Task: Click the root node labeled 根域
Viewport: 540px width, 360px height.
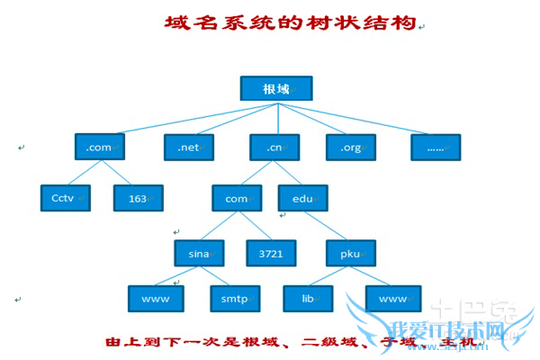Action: tap(275, 89)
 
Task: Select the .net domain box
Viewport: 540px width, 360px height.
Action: tap(187, 147)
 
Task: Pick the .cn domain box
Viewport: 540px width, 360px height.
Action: tap(275, 147)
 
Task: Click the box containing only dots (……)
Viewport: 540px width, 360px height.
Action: tap(435, 147)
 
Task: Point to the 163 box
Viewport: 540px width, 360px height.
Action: tap(138, 197)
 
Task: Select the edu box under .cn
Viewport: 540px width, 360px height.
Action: tap(302, 197)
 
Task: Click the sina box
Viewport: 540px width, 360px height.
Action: tap(199, 253)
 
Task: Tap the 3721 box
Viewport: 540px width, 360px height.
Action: tap(271, 253)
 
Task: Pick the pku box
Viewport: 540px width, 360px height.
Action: tap(350, 253)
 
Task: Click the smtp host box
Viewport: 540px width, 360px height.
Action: tap(234, 296)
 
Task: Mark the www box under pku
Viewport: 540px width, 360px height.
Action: tap(393, 296)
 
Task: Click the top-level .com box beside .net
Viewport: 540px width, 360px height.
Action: tap(99, 147)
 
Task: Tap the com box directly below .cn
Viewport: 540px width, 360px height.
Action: tap(236, 197)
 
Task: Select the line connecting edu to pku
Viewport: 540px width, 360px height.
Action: tap(326, 225)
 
